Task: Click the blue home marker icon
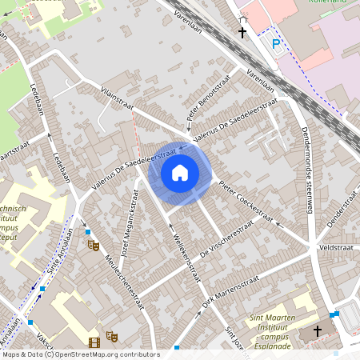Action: point(180,172)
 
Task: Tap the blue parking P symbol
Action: point(276,43)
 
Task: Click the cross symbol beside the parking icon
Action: point(242,33)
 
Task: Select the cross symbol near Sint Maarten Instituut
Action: point(317,330)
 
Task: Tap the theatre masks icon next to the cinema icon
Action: point(111,338)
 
